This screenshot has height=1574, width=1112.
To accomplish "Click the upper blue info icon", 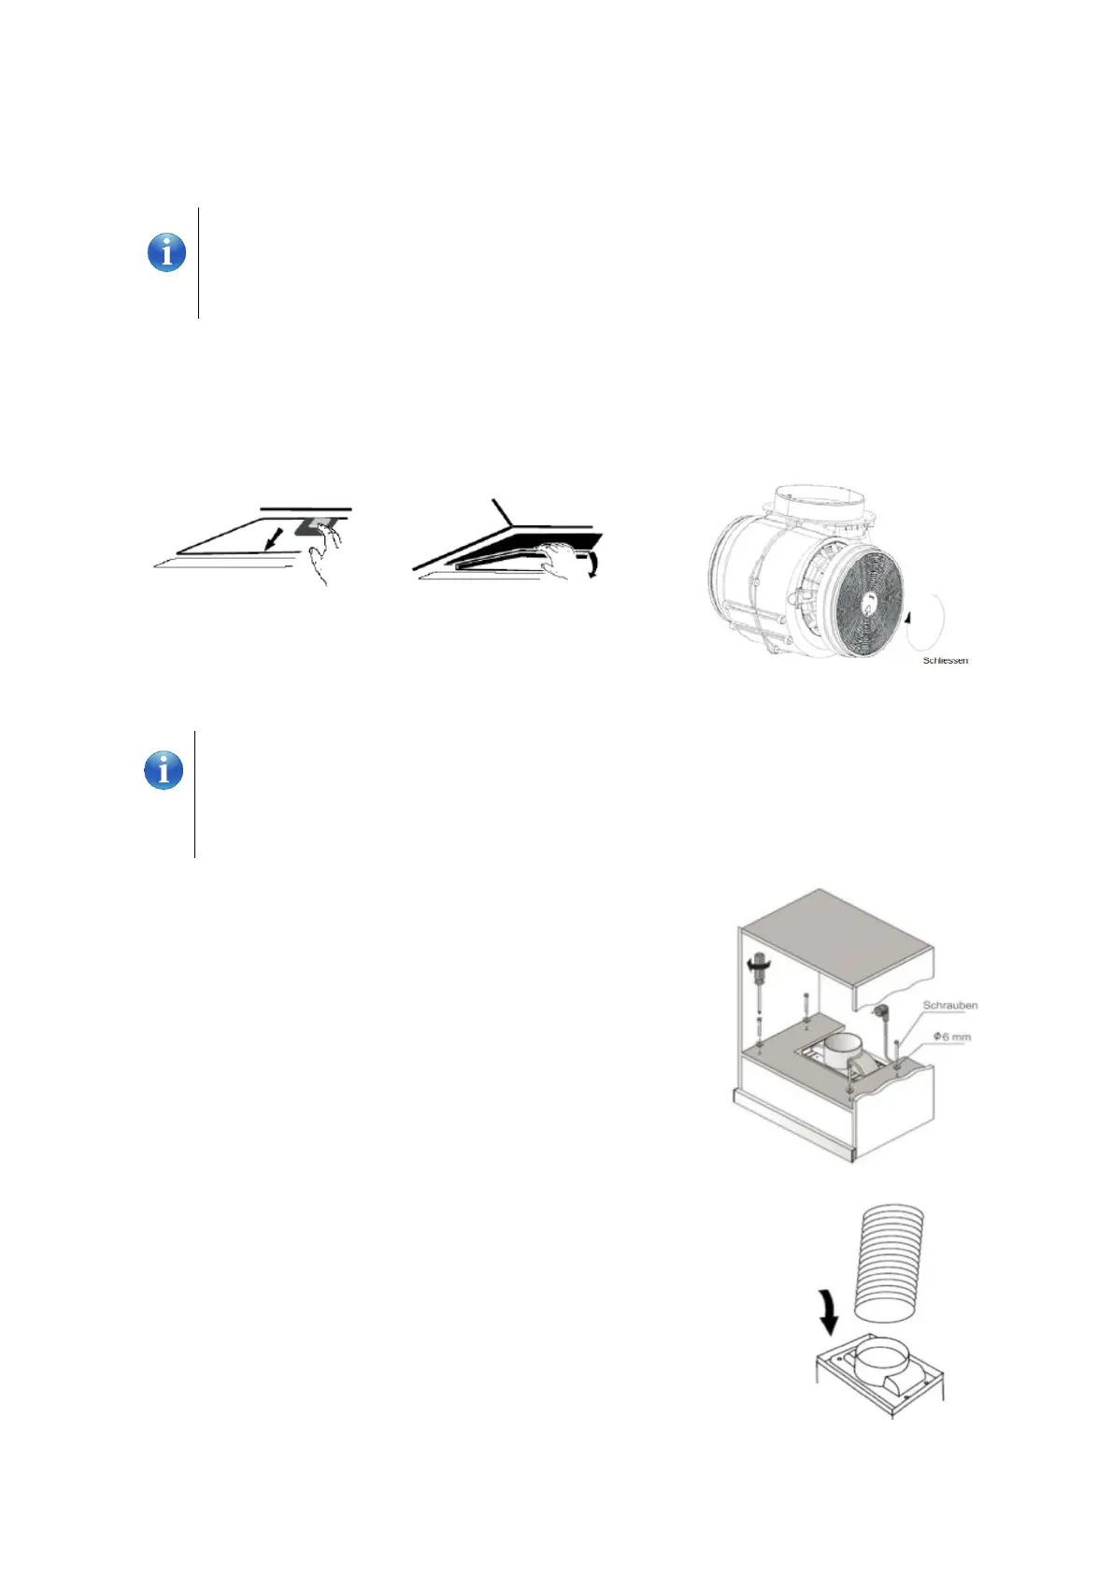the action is tap(166, 252).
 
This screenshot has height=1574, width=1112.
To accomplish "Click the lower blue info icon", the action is tap(164, 771).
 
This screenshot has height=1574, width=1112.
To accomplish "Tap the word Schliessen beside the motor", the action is tap(945, 661).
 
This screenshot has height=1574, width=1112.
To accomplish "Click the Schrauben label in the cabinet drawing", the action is tap(949, 1006).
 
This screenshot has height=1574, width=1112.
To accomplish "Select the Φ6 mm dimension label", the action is tap(951, 1037).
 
